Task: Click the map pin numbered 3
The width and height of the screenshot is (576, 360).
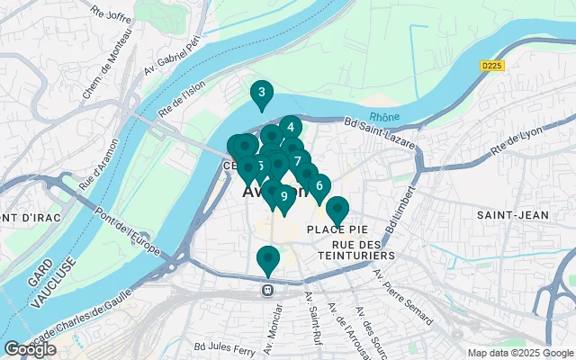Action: pos(261,93)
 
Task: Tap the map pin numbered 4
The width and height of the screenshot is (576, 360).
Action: pos(290,128)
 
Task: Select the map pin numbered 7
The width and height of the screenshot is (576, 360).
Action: pos(297,161)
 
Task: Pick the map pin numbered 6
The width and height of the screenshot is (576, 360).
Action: pos(319,186)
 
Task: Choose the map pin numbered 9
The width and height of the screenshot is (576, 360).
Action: pos(283,196)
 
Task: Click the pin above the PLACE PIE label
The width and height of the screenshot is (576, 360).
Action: pos(337,210)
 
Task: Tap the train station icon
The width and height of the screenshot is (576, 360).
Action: pos(267,291)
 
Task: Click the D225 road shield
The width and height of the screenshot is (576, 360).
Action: pos(491,65)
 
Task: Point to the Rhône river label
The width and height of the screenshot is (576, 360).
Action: pos(384,116)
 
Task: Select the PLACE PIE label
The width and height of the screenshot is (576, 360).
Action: pos(335,230)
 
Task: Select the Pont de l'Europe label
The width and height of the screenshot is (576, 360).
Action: pos(130,229)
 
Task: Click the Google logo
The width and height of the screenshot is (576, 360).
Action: pos(30,348)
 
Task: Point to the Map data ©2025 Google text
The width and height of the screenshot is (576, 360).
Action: pos(519,353)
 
